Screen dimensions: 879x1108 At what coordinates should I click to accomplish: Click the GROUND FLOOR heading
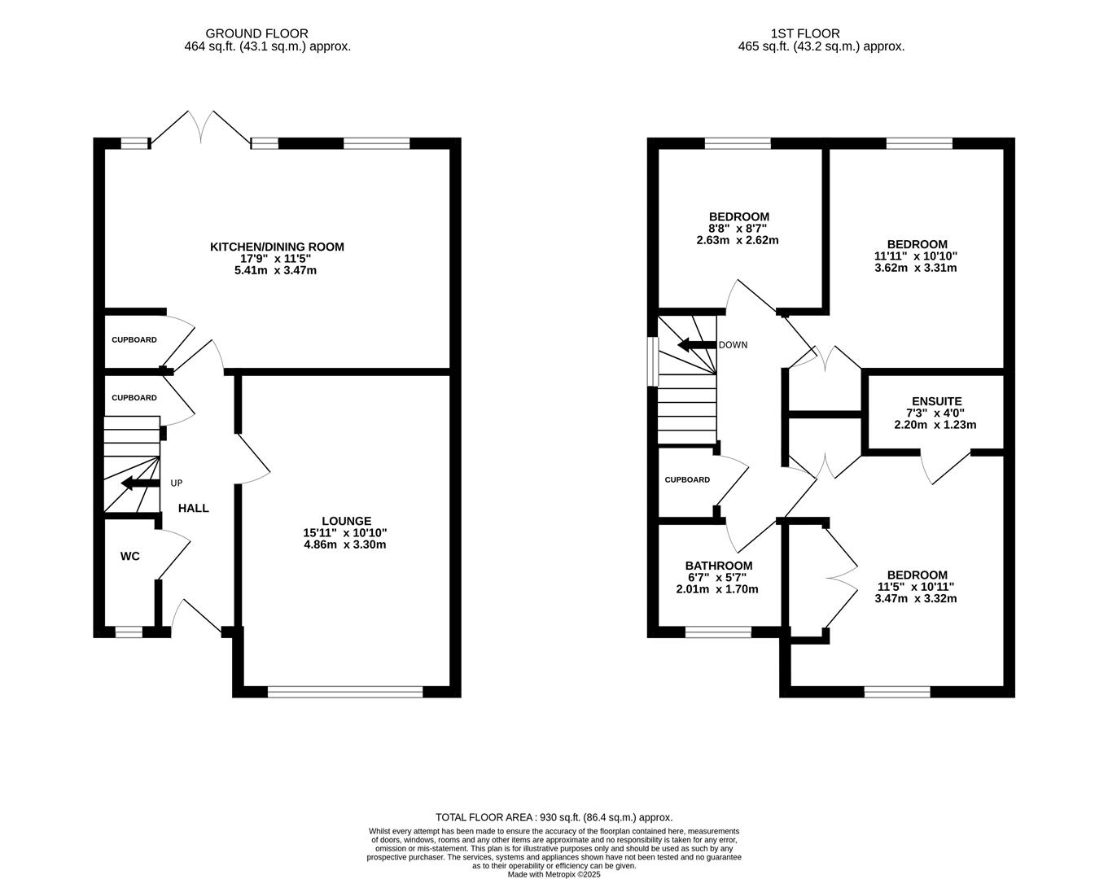256,33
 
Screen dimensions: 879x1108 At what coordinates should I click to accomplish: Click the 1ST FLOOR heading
805,33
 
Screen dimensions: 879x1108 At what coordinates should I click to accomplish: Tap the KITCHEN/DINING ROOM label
277,247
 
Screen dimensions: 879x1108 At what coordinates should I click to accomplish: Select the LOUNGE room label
346,521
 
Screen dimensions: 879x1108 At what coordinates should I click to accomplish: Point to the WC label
129,557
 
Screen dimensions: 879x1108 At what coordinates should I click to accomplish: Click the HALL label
194,508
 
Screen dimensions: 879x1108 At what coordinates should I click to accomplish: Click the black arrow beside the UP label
139,484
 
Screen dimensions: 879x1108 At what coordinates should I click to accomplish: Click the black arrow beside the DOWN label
695,344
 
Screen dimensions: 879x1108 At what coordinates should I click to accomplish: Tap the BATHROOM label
718,566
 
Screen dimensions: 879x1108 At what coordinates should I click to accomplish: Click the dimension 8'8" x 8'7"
738,229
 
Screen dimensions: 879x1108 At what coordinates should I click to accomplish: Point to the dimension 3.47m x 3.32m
916,598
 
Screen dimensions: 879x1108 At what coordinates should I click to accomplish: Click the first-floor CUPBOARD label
687,480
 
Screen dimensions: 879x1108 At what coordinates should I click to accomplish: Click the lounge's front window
345,692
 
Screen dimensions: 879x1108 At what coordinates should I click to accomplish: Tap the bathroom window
718,632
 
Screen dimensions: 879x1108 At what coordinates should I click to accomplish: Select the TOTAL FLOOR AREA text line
554,817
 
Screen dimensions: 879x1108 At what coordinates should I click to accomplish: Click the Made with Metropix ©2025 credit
554,874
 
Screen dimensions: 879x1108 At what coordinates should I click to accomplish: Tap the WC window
129,632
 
